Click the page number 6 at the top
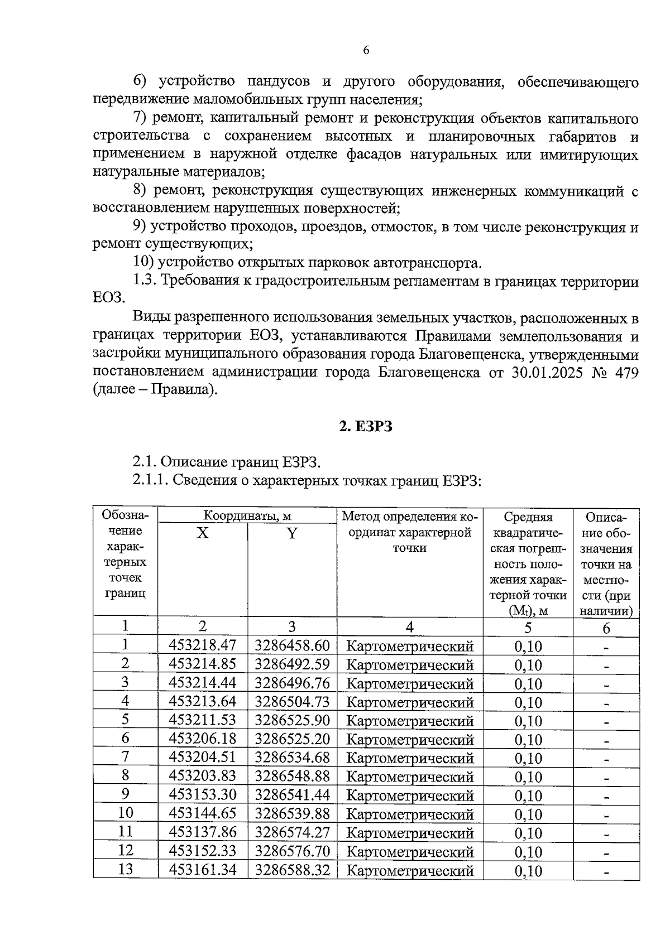[x=366, y=50]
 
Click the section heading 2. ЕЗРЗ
[x=366, y=427]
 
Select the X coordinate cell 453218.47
[x=203, y=645]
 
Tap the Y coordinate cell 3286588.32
[x=293, y=870]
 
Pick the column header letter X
[x=203, y=533]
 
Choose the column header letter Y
[x=292, y=533]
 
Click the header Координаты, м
[x=247, y=516]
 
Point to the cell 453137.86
[x=203, y=832]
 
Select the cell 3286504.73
[x=293, y=701]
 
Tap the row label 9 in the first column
[x=126, y=794]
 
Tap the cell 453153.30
[x=203, y=794]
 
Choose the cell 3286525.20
[x=293, y=739]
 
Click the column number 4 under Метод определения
[x=409, y=627]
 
